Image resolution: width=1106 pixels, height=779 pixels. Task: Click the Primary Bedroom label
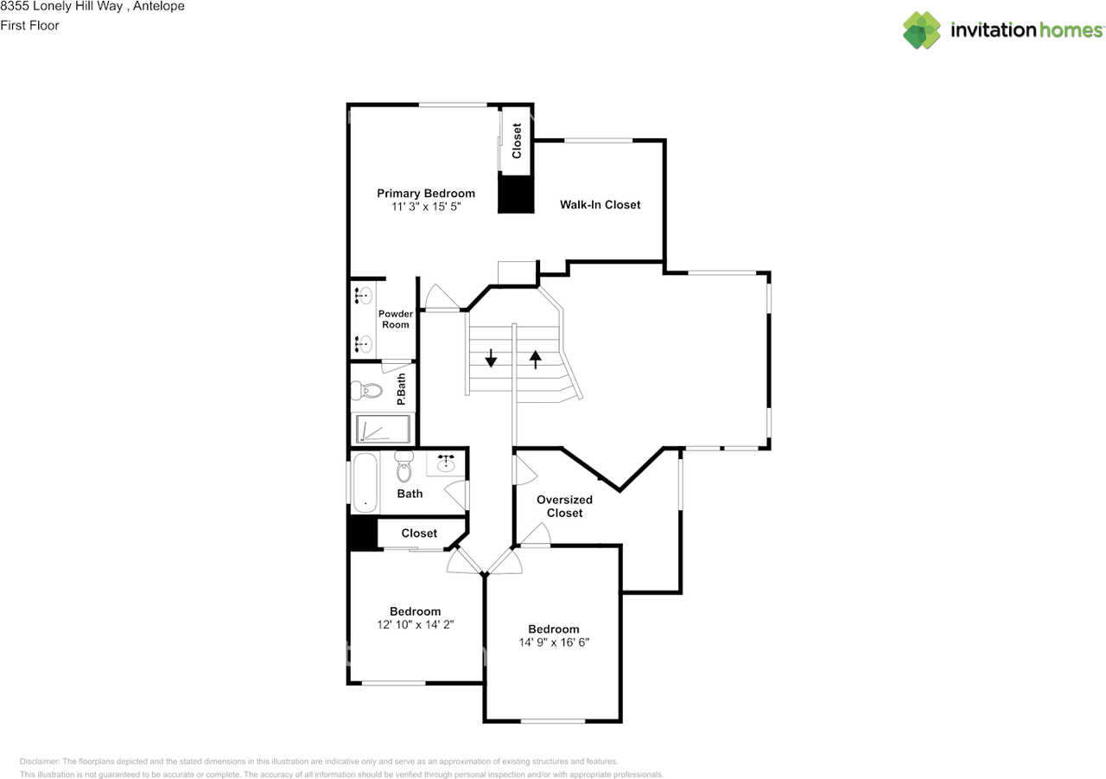pyautogui.click(x=425, y=194)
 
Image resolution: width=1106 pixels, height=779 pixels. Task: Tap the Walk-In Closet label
pyautogui.click(x=600, y=205)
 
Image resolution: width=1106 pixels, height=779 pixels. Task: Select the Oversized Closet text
pyautogui.click(x=564, y=506)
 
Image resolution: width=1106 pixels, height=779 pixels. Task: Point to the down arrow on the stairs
pyautogui.click(x=491, y=358)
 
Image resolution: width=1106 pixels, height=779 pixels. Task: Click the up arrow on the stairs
pyautogui.click(x=536, y=358)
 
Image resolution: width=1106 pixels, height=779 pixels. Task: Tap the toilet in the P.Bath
pyautogui.click(x=366, y=391)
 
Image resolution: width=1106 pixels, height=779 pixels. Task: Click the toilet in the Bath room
pyautogui.click(x=404, y=467)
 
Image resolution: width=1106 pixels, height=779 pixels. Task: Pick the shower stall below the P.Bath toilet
pyautogui.click(x=383, y=430)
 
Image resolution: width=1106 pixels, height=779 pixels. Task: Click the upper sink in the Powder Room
pyautogui.click(x=363, y=296)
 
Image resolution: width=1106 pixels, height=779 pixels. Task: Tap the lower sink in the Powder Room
pyautogui.click(x=363, y=344)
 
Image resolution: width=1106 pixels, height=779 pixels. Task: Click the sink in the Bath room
pyautogui.click(x=447, y=464)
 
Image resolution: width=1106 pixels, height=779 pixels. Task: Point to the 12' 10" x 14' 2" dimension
pyautogui.click(x=415, y=623)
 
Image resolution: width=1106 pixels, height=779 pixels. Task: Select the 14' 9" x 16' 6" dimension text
pyautogui.click(x=554, y=642)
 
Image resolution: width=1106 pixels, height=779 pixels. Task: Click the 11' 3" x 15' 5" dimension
pyautogui.click(x=425, y=208)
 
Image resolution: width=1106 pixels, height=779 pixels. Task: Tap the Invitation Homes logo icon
pyautogui.click(x=921, y=30)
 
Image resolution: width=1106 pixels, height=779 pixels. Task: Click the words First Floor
pyautogui.click(x=29, y=25)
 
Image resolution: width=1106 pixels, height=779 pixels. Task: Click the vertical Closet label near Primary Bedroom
pyautogui.click(x=517, y=141)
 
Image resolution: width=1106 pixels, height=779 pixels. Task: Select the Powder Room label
pyautogui.click(x=396, y=319)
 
